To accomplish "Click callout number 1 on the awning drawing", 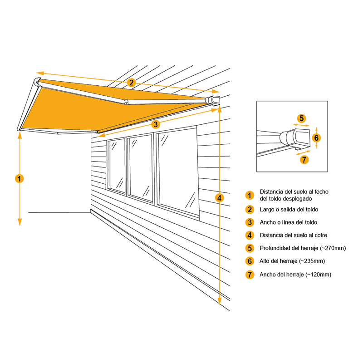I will pyautogui.click(x=19, y=178).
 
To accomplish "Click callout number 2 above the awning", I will pyautogui.click(x=131, y=82).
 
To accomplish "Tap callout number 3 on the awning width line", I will pyautogui.click(x=155, y=123).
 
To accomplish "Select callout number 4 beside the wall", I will pyautogui.click(x=220, y=198).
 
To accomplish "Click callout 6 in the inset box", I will pyautogui.click(x=317, y=137).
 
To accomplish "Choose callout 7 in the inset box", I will pyautogui.click(x=304, y=159).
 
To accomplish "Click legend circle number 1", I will pyautogui.click(x=250, y=196).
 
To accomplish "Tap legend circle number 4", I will pyautogui.click(x=250, y=235).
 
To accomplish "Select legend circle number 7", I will pyautogui.click(x=250, y=275).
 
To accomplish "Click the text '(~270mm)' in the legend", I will pyautogui.click(x=333, y=248).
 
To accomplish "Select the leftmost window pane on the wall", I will pyautogui.click(x=117, y=166).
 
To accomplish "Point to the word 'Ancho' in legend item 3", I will pyautogui.click(x=268, y=222).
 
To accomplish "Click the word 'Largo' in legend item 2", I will pyautogui.click(x=267, y=209).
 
